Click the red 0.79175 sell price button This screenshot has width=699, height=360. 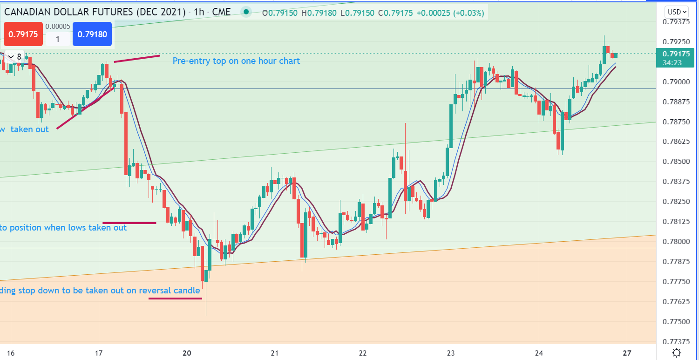click(x=23, y=34)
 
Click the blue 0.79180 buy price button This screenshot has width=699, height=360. click(x=92, y=34)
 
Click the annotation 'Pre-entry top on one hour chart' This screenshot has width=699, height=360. click(x=236, y=61)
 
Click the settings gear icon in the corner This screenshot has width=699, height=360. click(x=677, y=353)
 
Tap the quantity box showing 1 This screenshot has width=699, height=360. click(x=57, y=39)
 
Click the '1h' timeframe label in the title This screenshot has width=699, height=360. click(x=199, y=12)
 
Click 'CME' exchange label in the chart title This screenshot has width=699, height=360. click(x=221, y=12)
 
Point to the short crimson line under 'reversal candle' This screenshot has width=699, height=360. click(x=175, y=299)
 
